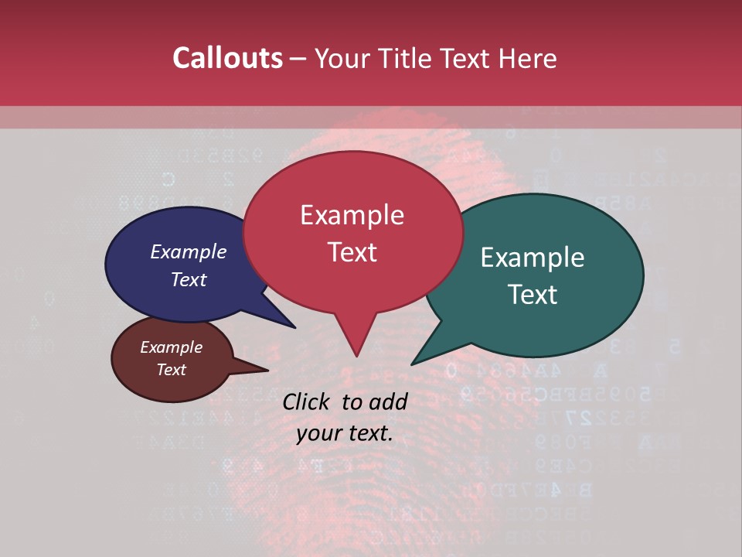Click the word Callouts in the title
tap(227, 58)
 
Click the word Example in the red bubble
tap(352, 215)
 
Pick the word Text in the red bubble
tap(352, 252)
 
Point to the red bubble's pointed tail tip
tap(356, 356)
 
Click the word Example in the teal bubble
tap(533, 258)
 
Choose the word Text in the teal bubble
tap(533, 295)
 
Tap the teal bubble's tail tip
tap(412, 364)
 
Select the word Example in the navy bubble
tap(188, 251)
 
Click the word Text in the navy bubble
tap(188, 279)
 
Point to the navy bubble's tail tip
tap(295, 327)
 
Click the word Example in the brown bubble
tap(171, 347)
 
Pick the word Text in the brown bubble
tap(171, 370)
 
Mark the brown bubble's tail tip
tap(268, 371)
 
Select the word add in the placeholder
tap(389, 402)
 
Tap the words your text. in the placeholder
tap(345, 433)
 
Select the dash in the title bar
tap(298, 59)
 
